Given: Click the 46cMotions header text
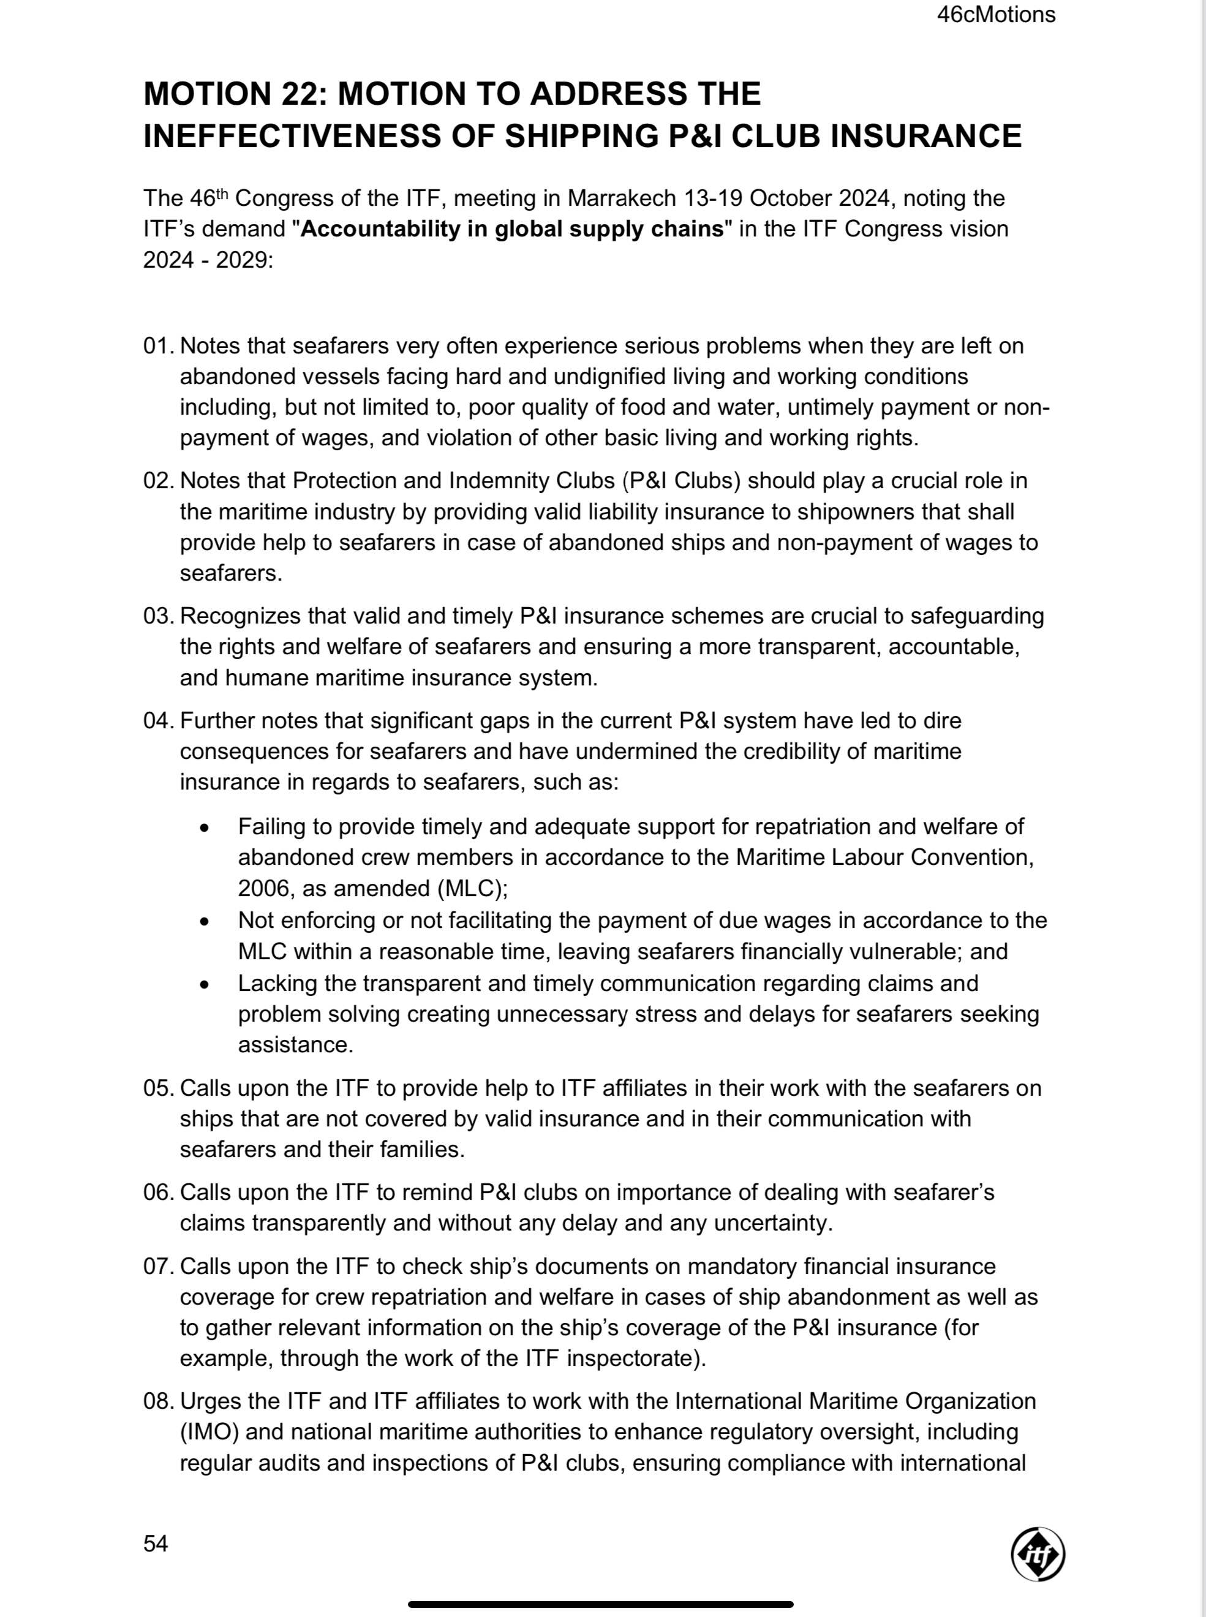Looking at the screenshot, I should coord(996,15).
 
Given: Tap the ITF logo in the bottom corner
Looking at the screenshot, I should coord(1038,1553).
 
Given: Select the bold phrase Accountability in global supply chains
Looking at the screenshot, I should coord(512,229).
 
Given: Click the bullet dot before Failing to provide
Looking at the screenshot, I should coord(205,828).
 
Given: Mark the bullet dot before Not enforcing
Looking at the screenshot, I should coord(205,921).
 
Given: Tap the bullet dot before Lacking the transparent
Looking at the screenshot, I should coord(205,984).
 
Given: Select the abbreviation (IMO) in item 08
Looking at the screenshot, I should coord(209,1431).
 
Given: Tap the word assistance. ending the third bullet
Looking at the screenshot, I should coord(296,1045).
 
